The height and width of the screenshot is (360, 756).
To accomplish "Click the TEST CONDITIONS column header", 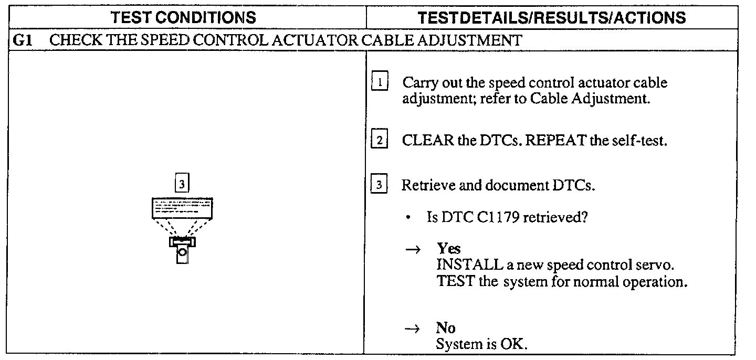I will [x=183, y=18].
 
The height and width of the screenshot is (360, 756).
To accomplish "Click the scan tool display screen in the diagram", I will [x=182, y=208].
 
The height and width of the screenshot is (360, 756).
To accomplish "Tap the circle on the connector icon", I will [x=182, y=253].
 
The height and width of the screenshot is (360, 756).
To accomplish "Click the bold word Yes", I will [x=448, y=249].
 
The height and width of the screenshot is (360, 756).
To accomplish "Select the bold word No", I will [x=446, y=328].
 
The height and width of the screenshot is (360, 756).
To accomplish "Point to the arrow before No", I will [x=413, y=329].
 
